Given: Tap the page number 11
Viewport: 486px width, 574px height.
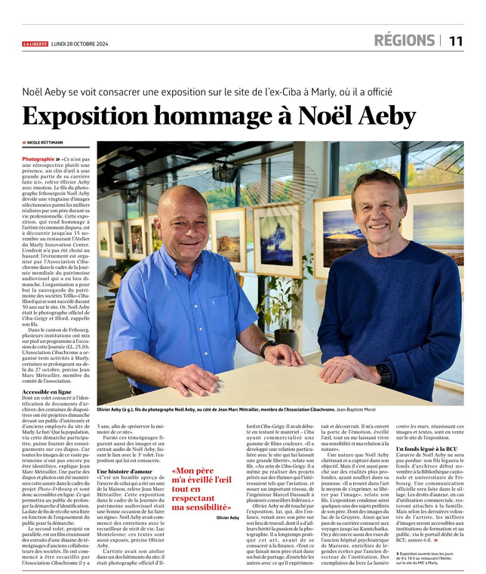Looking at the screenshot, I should click(456, 41).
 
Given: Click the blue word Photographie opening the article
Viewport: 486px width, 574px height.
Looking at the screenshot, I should click(38, 160).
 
